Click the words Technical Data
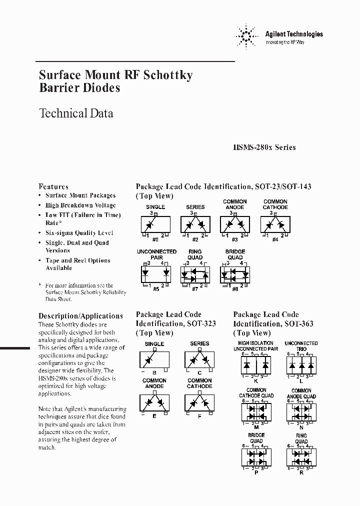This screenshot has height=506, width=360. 76,113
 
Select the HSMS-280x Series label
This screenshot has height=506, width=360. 264,147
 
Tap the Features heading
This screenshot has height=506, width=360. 53,186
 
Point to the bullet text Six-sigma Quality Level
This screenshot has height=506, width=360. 79,233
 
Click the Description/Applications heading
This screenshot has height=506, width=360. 80,316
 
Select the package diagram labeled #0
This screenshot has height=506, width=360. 155,223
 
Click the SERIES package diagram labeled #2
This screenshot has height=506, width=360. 195,223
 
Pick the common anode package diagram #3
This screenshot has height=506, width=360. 234,223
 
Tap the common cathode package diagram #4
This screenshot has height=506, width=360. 275,223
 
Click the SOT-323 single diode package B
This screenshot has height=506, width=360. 154,359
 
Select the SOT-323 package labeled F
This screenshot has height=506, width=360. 199,402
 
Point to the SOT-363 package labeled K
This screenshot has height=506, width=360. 256,364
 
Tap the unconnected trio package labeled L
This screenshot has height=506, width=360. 301,364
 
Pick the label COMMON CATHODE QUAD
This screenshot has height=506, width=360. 256,393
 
